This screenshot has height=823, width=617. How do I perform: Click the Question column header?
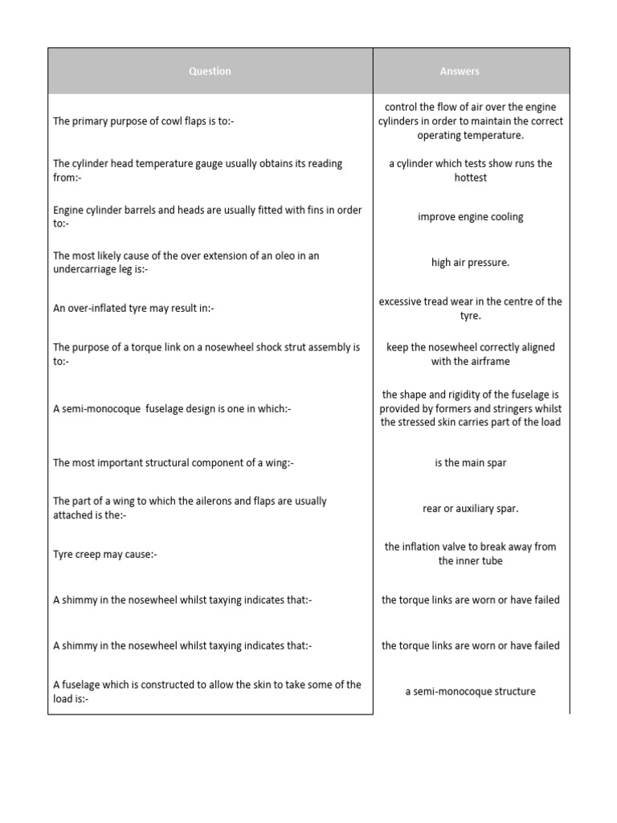click(210, 72)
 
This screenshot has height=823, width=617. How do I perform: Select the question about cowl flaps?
click(143, 121)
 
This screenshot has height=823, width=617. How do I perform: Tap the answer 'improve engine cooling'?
click(471, 217)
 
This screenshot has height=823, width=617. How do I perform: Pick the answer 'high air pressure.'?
click(471, 263)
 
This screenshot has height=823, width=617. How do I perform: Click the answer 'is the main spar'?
click(471, 463)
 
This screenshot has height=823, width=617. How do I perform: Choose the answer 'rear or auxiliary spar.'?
click(471, 509)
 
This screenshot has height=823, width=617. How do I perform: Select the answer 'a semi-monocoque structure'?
click(471, 692)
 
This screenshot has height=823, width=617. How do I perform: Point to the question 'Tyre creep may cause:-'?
click(105, 555)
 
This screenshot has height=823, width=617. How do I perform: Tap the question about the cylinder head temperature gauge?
click(198, 170)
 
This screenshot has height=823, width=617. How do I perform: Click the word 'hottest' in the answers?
click(471, 178)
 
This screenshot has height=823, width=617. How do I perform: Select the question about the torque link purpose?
click(206, 354)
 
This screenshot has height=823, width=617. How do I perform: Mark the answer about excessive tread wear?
click(471, 309)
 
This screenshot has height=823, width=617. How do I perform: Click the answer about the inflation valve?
click(471, 554)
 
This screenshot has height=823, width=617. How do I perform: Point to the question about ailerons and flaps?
click(190, 508)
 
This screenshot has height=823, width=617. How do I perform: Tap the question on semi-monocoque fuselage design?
click(172, 408)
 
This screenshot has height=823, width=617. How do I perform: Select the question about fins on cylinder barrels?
click(207, 216)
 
